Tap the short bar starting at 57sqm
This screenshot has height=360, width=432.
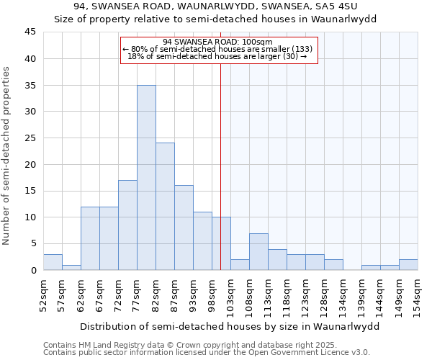pos(71,267)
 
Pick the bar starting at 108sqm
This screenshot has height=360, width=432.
pos(258,251)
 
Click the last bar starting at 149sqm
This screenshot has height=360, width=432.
pos(408,264)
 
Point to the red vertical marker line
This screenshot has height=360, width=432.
pos(220,144)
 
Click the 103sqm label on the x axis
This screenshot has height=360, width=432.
pos(230,293)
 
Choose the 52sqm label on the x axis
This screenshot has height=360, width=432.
pos(43,293)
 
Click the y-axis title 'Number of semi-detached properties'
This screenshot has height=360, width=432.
pos(7,156)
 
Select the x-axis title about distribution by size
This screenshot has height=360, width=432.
pos(229,326)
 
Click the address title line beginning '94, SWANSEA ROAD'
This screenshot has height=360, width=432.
pos(216,6)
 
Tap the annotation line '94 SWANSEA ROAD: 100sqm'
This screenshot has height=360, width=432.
pos(217,42)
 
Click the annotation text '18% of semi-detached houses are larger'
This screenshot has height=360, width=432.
pos(217,56)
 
